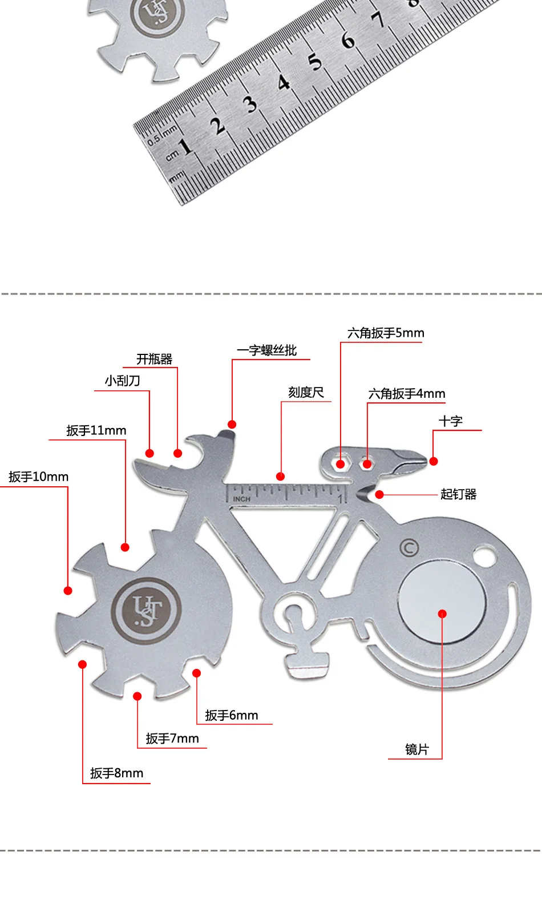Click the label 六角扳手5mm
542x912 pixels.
(386, 333)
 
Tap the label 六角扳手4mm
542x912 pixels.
(406, 394)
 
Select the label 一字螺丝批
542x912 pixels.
(267, 350)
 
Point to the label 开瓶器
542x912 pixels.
(154, 359)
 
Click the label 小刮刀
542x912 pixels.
(123, 381)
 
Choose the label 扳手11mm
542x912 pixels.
(96, 430)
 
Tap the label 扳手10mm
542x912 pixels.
(38, 477)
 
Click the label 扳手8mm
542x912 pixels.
(117, 773)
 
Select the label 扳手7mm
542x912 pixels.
(172, 739)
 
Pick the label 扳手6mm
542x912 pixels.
(232, 715)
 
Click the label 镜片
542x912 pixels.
(417, 749)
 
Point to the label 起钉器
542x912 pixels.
(459, 494)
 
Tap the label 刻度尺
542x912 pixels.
(306, 393)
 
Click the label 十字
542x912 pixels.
(451, 421)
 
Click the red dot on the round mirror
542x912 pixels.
(442, 614)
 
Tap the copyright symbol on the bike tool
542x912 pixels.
(409, 548)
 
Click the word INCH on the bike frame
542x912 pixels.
(242, 499)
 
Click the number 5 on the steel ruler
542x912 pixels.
(314, 62)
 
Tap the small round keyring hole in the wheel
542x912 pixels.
(484, 556)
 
